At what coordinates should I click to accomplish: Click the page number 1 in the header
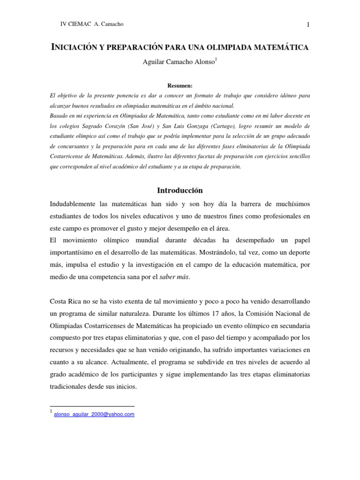[x=308, y=25]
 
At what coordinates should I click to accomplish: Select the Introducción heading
[x=180, y=190]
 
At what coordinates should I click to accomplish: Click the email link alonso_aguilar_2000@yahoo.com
[x=94, y=414]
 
